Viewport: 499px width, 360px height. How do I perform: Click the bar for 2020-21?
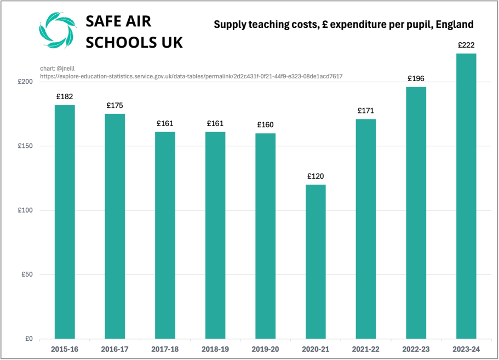[316, 262]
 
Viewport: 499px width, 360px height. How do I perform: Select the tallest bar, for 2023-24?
[466, 196]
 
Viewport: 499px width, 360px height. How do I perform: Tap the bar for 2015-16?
[65, 222]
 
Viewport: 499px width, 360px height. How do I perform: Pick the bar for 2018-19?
[215, 235]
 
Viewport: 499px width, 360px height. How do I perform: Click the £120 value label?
[316, 176]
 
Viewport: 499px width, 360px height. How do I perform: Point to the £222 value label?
[466, 45]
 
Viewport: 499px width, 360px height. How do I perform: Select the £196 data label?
[416, 79]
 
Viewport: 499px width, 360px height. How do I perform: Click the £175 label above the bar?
[115, 105]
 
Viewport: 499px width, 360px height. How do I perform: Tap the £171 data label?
[365, 111]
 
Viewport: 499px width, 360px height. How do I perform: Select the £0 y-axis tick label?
[29, 339]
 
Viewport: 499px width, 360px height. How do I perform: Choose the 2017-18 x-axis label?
[165, 348]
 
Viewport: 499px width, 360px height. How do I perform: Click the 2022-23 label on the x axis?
[416, 348]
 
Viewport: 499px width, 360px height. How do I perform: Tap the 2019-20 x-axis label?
[265, 348]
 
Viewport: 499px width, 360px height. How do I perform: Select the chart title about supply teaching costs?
[343, 25]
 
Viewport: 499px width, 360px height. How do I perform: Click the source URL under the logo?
[191, 76]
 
